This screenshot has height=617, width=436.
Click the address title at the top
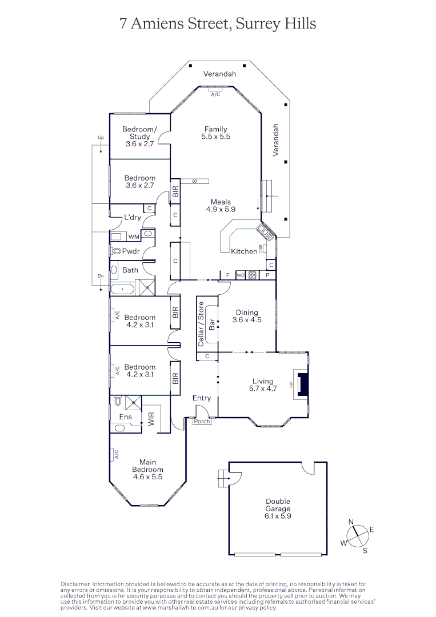tap(218, 23)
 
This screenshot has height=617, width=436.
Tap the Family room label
tap(215, 133)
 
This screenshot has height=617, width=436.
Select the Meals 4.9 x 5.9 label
tap(221, 206)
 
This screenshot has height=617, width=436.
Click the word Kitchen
tap(243, 251)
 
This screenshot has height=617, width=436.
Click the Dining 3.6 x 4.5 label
tap(247, 316)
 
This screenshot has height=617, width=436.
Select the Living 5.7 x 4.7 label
tap(263, 385)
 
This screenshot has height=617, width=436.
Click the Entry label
tap(201, 398)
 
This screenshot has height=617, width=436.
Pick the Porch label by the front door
tap(202, 422)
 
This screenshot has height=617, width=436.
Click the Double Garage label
tap(278, 504)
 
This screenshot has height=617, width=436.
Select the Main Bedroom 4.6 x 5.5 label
tap(147, 469)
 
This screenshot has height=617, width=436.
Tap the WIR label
tap(151, 419)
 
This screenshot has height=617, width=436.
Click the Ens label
tap(126, 417)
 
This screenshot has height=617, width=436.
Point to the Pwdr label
tap(131, 251)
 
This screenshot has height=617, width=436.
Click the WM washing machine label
tap(133, 237)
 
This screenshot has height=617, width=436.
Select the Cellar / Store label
tap(201, 324)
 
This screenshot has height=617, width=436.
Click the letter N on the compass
tap(351, 522)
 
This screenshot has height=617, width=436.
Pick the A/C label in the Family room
tap(215, 94)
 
